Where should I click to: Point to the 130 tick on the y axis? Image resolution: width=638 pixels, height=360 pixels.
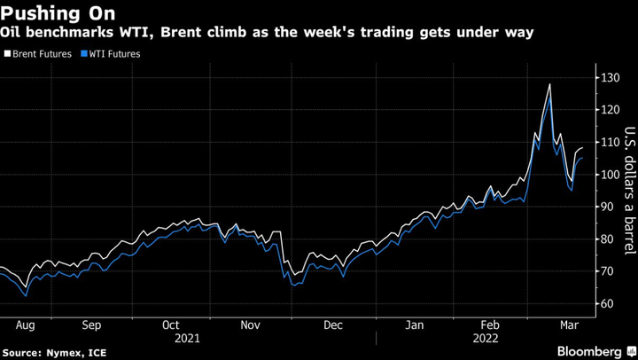click(x=611, y=78)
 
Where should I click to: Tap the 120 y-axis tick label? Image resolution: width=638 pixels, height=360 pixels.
click(x=611, y=110)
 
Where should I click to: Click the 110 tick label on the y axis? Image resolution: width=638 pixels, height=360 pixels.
click(x=611, y=143)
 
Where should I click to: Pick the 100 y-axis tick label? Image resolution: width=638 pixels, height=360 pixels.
click(x=611, y=175)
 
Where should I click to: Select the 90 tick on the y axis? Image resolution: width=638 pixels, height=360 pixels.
click(x=608, y=207)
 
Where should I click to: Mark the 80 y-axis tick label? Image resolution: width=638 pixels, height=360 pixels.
click(x=608, y=239)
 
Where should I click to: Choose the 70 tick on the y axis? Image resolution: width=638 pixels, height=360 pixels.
click(x=608, y=271)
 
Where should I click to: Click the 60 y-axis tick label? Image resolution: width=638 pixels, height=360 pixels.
click(x=608, y=303)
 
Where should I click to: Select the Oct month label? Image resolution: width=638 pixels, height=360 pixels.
click(x=171, y=325)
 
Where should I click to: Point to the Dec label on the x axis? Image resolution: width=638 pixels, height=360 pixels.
click(x=334, y=325)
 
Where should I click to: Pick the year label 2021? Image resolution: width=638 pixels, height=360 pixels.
click(x=187, y=338)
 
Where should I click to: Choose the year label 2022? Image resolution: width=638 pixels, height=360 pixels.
click(x=486, y=338)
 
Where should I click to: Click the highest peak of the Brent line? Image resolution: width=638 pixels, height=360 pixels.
click(x=550, y=84)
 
